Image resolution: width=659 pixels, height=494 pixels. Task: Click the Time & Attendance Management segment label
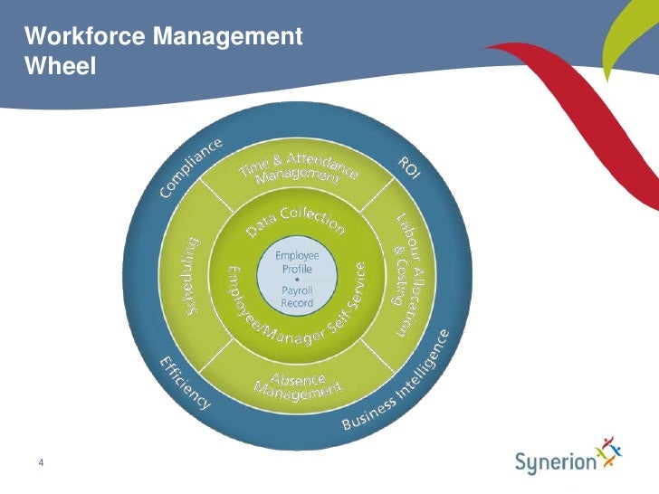click(x=298, y=167)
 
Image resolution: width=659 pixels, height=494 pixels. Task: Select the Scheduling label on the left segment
click(x=192, y=277)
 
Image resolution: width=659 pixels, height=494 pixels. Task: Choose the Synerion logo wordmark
click(x=556, y=462)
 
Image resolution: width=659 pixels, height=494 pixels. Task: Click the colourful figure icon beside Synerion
click(x=611, y=453)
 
